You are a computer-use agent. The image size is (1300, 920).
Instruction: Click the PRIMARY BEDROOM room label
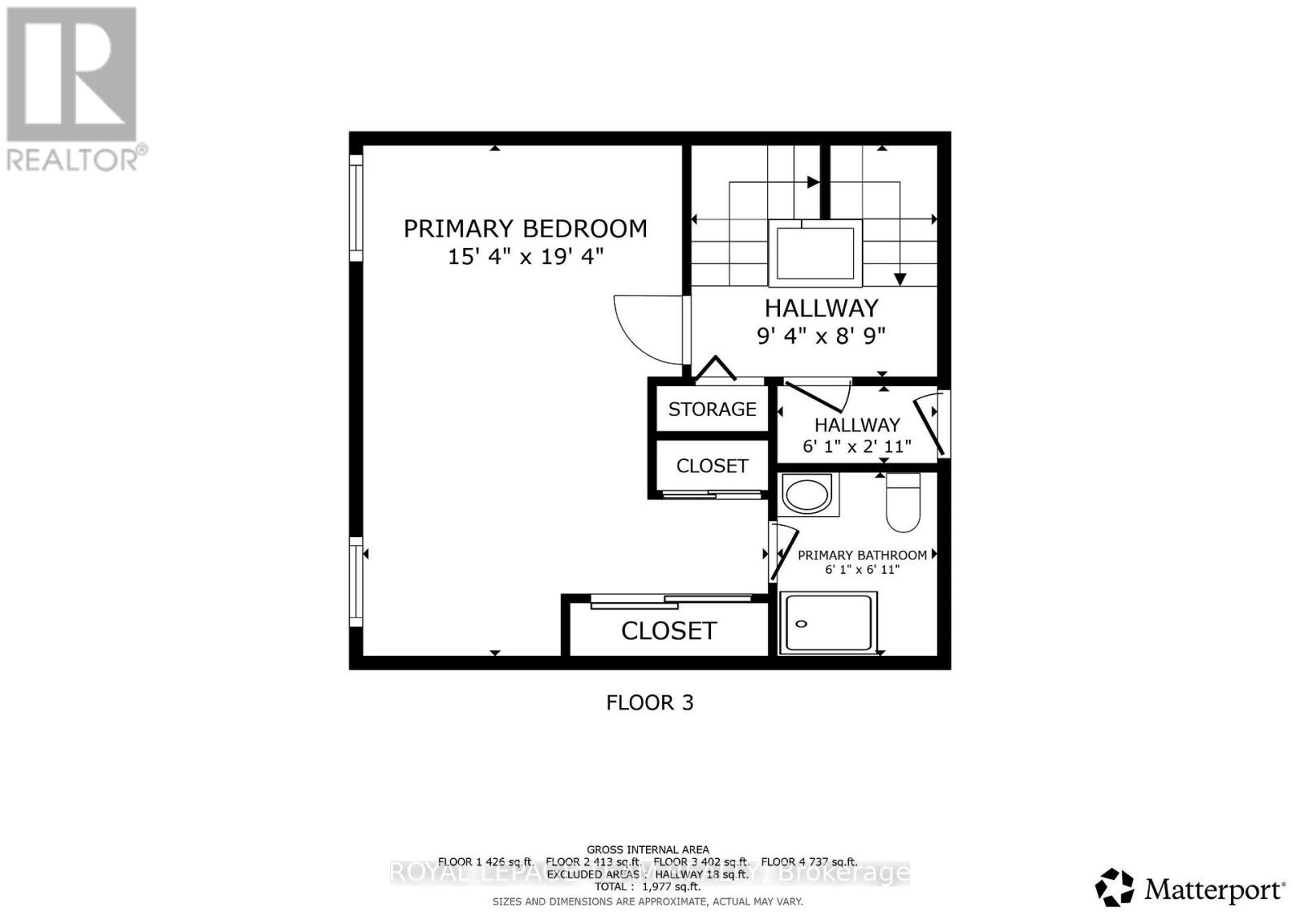click(525, 228)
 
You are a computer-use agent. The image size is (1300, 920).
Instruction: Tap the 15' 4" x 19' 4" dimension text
click(525, 257)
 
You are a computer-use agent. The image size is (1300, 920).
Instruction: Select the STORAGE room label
click(712, 409)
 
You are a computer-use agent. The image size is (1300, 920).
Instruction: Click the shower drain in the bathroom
click(801, 623)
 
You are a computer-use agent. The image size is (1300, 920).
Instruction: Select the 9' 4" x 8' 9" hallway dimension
click(821, 335)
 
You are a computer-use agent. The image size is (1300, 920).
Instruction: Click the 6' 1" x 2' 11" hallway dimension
click(857, 446)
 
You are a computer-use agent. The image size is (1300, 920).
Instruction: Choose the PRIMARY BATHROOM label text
click(862, 555)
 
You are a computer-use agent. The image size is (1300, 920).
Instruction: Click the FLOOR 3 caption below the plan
click(649, 702)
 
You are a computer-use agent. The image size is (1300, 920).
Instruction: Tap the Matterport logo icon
click(1114, 887)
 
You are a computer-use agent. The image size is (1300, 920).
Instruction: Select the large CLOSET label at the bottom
click(669, 631)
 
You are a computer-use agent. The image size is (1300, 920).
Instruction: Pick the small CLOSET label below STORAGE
click(712, 466)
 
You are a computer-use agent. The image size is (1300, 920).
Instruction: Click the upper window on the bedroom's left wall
click(356, 208)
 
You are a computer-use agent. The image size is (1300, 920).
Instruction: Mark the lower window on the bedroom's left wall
click(356, 581)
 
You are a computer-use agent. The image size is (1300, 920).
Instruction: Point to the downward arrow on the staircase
click(899, 279)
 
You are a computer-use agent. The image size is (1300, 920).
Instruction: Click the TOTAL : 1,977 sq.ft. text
click(648, 887)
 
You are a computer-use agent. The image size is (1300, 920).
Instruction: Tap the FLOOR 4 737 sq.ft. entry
click(808, 861)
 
